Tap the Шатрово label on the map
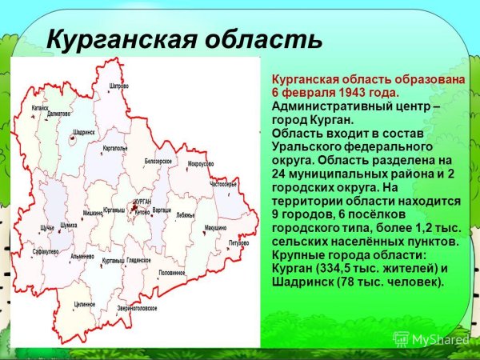tap(119, 85)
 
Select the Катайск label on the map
tap(40, 106)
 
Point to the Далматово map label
tap(58, 114)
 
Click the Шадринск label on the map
tap(83, 130)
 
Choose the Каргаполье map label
tap(115, 148)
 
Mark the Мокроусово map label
tap(200, 164)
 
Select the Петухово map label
tap(238, 241)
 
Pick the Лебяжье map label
tap(185, 215)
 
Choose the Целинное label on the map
tap(85, 304)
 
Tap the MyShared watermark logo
tap(432, 339)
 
